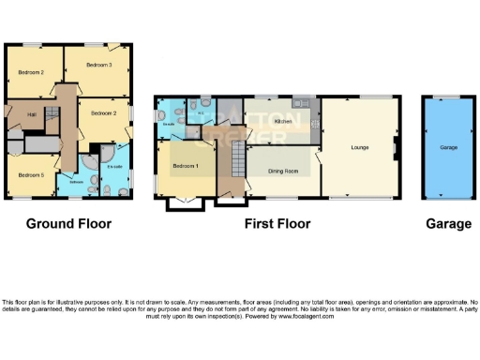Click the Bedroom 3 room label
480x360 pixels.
coord(98,65)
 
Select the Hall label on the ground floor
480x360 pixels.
coord(31,114)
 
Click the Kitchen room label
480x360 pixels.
coord(283,121)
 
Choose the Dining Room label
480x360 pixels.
coord(283,171)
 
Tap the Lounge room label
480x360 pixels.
coord(358,147)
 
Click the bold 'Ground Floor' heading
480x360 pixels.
coord(68,224)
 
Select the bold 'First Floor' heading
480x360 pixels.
coord(277,224)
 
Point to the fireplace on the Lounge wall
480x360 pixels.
coord(397,147)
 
